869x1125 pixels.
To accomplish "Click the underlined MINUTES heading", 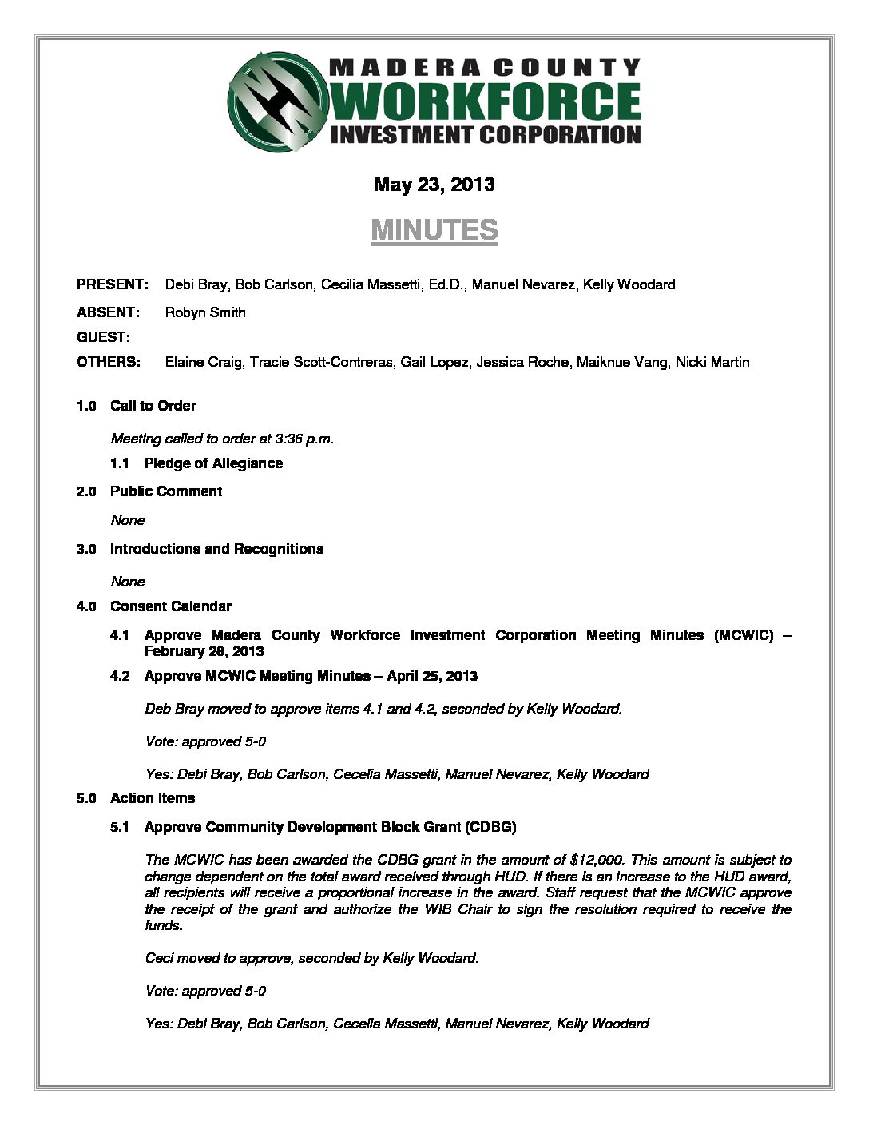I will [x=434, y=230].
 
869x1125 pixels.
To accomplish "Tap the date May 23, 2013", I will [x=434, y=185].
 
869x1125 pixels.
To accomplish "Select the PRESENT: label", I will [x=113, y=284].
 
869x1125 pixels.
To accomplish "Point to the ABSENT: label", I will [x=109, y=312].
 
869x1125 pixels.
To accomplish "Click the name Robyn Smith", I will [x=205, y=312].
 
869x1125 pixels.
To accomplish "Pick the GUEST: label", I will [x=104, y=337].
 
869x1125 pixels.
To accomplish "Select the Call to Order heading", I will [x=153, y=406].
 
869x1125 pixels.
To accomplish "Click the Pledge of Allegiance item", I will [x=213, y=463].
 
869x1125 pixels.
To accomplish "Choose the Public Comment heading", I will [x=166, y=491].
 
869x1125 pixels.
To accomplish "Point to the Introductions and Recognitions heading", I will [x=216, y=549].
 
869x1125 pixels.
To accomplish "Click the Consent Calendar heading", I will [x=171, y=606].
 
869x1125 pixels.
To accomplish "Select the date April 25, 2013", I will [x=432, y=676].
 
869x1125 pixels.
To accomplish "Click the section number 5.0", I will [x=86, y=798].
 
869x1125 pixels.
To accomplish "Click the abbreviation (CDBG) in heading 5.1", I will [x=490, y=827].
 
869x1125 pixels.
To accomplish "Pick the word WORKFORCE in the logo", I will [x=485, y=101].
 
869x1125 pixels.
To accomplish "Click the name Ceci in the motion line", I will [x=159, y=958].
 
